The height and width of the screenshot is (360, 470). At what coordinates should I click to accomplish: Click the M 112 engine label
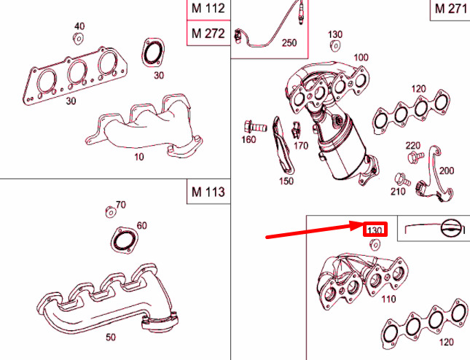[208, 9]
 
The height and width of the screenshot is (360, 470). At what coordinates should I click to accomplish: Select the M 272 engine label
[208, 34]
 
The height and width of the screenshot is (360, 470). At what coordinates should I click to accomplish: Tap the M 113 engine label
[208, 192]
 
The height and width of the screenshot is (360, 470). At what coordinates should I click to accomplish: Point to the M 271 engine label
[451, 9]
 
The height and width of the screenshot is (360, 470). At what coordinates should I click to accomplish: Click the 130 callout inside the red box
[375, 231]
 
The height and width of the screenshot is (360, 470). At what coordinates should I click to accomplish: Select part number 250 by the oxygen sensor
[289, 43]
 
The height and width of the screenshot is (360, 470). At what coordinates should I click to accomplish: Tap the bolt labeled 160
[255, 127]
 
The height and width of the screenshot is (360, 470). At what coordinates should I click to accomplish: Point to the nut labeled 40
[78, 39]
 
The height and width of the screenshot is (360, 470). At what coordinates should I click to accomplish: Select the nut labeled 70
[111, 211]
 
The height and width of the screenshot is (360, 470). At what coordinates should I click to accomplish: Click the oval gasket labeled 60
[124, 240]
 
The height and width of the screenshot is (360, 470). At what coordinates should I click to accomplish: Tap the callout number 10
[139, 157]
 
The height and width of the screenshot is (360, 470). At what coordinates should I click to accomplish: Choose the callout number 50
[111, 337]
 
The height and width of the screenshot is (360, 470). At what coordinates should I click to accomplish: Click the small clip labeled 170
[296, 130]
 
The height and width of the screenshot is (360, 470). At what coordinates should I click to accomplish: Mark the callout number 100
[361, 58]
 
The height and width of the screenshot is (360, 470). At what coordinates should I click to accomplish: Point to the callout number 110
[389, 299]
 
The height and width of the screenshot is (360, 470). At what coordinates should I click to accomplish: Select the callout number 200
[447, 171]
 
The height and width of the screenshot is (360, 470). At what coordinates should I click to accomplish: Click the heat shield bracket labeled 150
[282, 147]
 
